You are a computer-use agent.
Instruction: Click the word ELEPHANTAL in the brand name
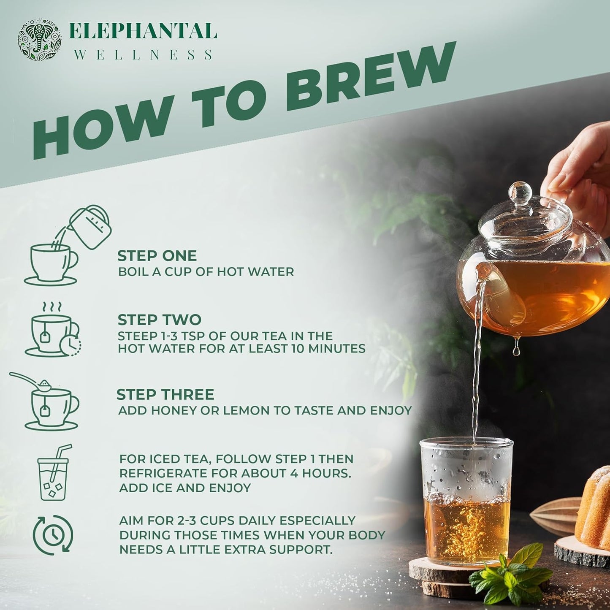tap(143, 32)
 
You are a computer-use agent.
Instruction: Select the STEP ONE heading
tap(157, 256)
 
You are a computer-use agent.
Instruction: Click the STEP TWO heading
tap(159, 320)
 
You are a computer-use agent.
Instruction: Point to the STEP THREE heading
tap(165, 395)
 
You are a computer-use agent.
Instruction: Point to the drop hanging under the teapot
tap(516, 350)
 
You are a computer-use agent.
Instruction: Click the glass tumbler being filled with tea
tap(466, 502)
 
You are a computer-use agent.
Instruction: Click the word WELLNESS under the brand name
tap(143, 55)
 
